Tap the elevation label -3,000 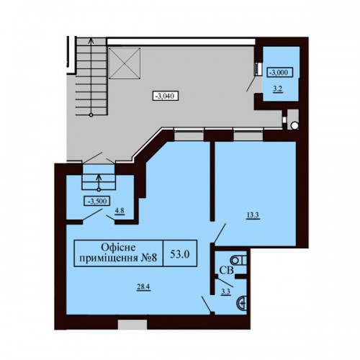tap(281, 72)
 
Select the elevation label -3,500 tap(97, 201)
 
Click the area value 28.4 tap(143, 287)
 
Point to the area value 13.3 tap(253, 215)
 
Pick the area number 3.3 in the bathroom tap(226, 292)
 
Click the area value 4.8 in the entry tap(120, 211)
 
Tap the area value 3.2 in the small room tap(277, 89)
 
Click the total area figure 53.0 tap(180, 254)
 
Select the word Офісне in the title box tap(118, 248)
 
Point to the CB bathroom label tap(227, 271)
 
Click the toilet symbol tap(238, 260)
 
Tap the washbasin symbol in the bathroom tap(241, 303)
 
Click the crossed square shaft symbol tap(125, 63)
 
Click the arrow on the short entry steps tap(99, 183)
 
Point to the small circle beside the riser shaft tap(294, 125)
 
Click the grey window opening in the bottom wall tap(132, 324)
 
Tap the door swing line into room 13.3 tap(220, 233)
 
